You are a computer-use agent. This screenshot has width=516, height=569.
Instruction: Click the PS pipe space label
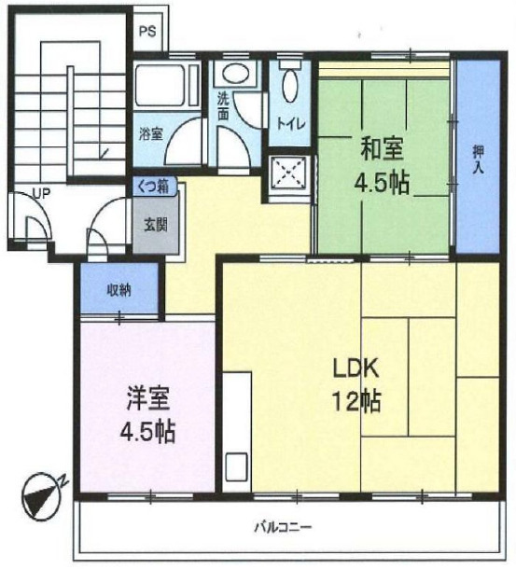[147, 31]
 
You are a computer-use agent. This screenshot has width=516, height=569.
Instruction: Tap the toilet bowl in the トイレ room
[289, 85]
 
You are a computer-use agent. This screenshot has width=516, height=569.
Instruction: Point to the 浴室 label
[151, 134]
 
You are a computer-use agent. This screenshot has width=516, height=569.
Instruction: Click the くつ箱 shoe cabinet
[155, 187]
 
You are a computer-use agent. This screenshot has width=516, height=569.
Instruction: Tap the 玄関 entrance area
[156, 225]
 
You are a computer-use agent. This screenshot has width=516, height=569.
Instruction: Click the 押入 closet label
[479, 159]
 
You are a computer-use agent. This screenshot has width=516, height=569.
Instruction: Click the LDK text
[357, 368]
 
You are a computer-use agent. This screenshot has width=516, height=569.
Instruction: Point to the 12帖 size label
[357, 401]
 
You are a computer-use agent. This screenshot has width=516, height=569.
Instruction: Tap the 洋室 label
[148, 399]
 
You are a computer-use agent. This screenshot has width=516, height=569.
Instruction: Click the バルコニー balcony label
[283, 526]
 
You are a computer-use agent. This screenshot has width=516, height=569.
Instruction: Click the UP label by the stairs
[41, 194]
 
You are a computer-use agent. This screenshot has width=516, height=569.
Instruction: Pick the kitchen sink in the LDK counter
[237, 466]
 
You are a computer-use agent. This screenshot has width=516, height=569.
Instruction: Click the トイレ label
[290, 124]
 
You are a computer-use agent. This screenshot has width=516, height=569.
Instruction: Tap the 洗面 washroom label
[223, 106]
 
